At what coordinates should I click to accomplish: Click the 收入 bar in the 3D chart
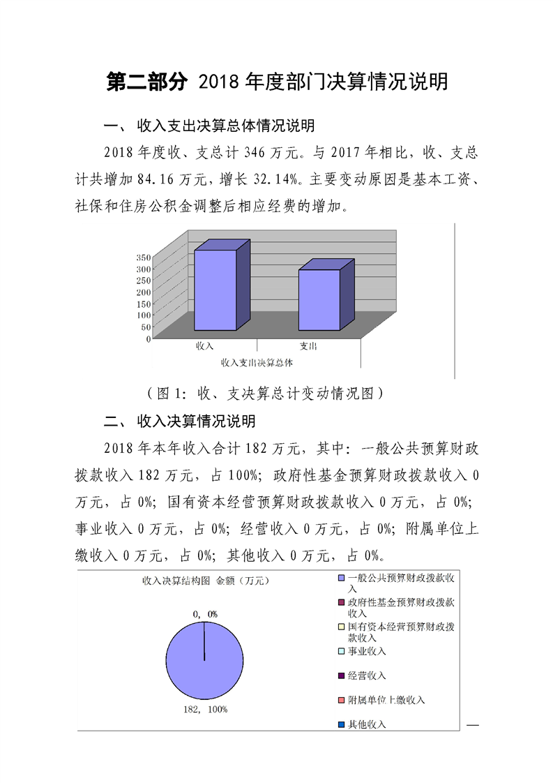(x=215, y=290)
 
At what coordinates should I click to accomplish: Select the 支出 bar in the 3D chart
(x=319, y=299)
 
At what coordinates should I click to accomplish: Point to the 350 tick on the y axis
(x=143, y=258)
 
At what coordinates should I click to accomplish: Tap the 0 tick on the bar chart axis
(x=148, y=339)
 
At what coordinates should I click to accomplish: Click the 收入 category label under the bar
(x=204, y=346)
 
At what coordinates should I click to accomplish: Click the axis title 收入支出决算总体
(x=256, y=362)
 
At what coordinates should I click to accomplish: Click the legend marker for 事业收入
(x=341, y=652)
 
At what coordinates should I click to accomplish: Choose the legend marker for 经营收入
(x=341, y=676)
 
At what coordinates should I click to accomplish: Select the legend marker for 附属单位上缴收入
(x=341, y=700)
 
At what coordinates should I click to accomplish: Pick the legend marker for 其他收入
(x=341, y=724)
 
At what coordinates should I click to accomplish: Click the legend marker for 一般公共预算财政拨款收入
(x=341, y=579)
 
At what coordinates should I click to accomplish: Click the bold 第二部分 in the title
(x=147, y=82)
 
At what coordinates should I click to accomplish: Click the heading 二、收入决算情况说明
(x=179, y=422)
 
